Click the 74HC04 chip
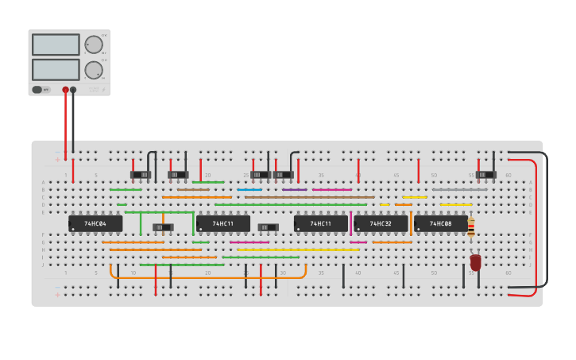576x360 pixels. click(95, 224)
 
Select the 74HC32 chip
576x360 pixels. click(381, 224)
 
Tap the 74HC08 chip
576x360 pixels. click(440, 224)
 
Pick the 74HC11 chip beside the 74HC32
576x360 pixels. click(320, 224)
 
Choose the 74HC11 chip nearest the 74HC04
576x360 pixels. click(223, 224)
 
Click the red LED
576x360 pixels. click(476, 261)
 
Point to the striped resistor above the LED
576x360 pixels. click(471, 228)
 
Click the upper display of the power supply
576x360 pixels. click(56, 45)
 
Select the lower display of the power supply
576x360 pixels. click(56, 69)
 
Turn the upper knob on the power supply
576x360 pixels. click(94, 45)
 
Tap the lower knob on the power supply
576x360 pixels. click(94, 70)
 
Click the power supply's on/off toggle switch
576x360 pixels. click(41, 90)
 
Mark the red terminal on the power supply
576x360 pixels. click(65, 90)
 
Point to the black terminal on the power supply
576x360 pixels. click(73, 90)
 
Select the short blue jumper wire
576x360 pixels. click(249, 189)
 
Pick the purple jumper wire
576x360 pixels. click(294, 189)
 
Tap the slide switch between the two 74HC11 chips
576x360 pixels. click(264, 227)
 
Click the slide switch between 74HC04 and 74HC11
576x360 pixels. click(163, 227)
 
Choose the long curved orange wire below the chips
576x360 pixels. click(208, 278)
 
